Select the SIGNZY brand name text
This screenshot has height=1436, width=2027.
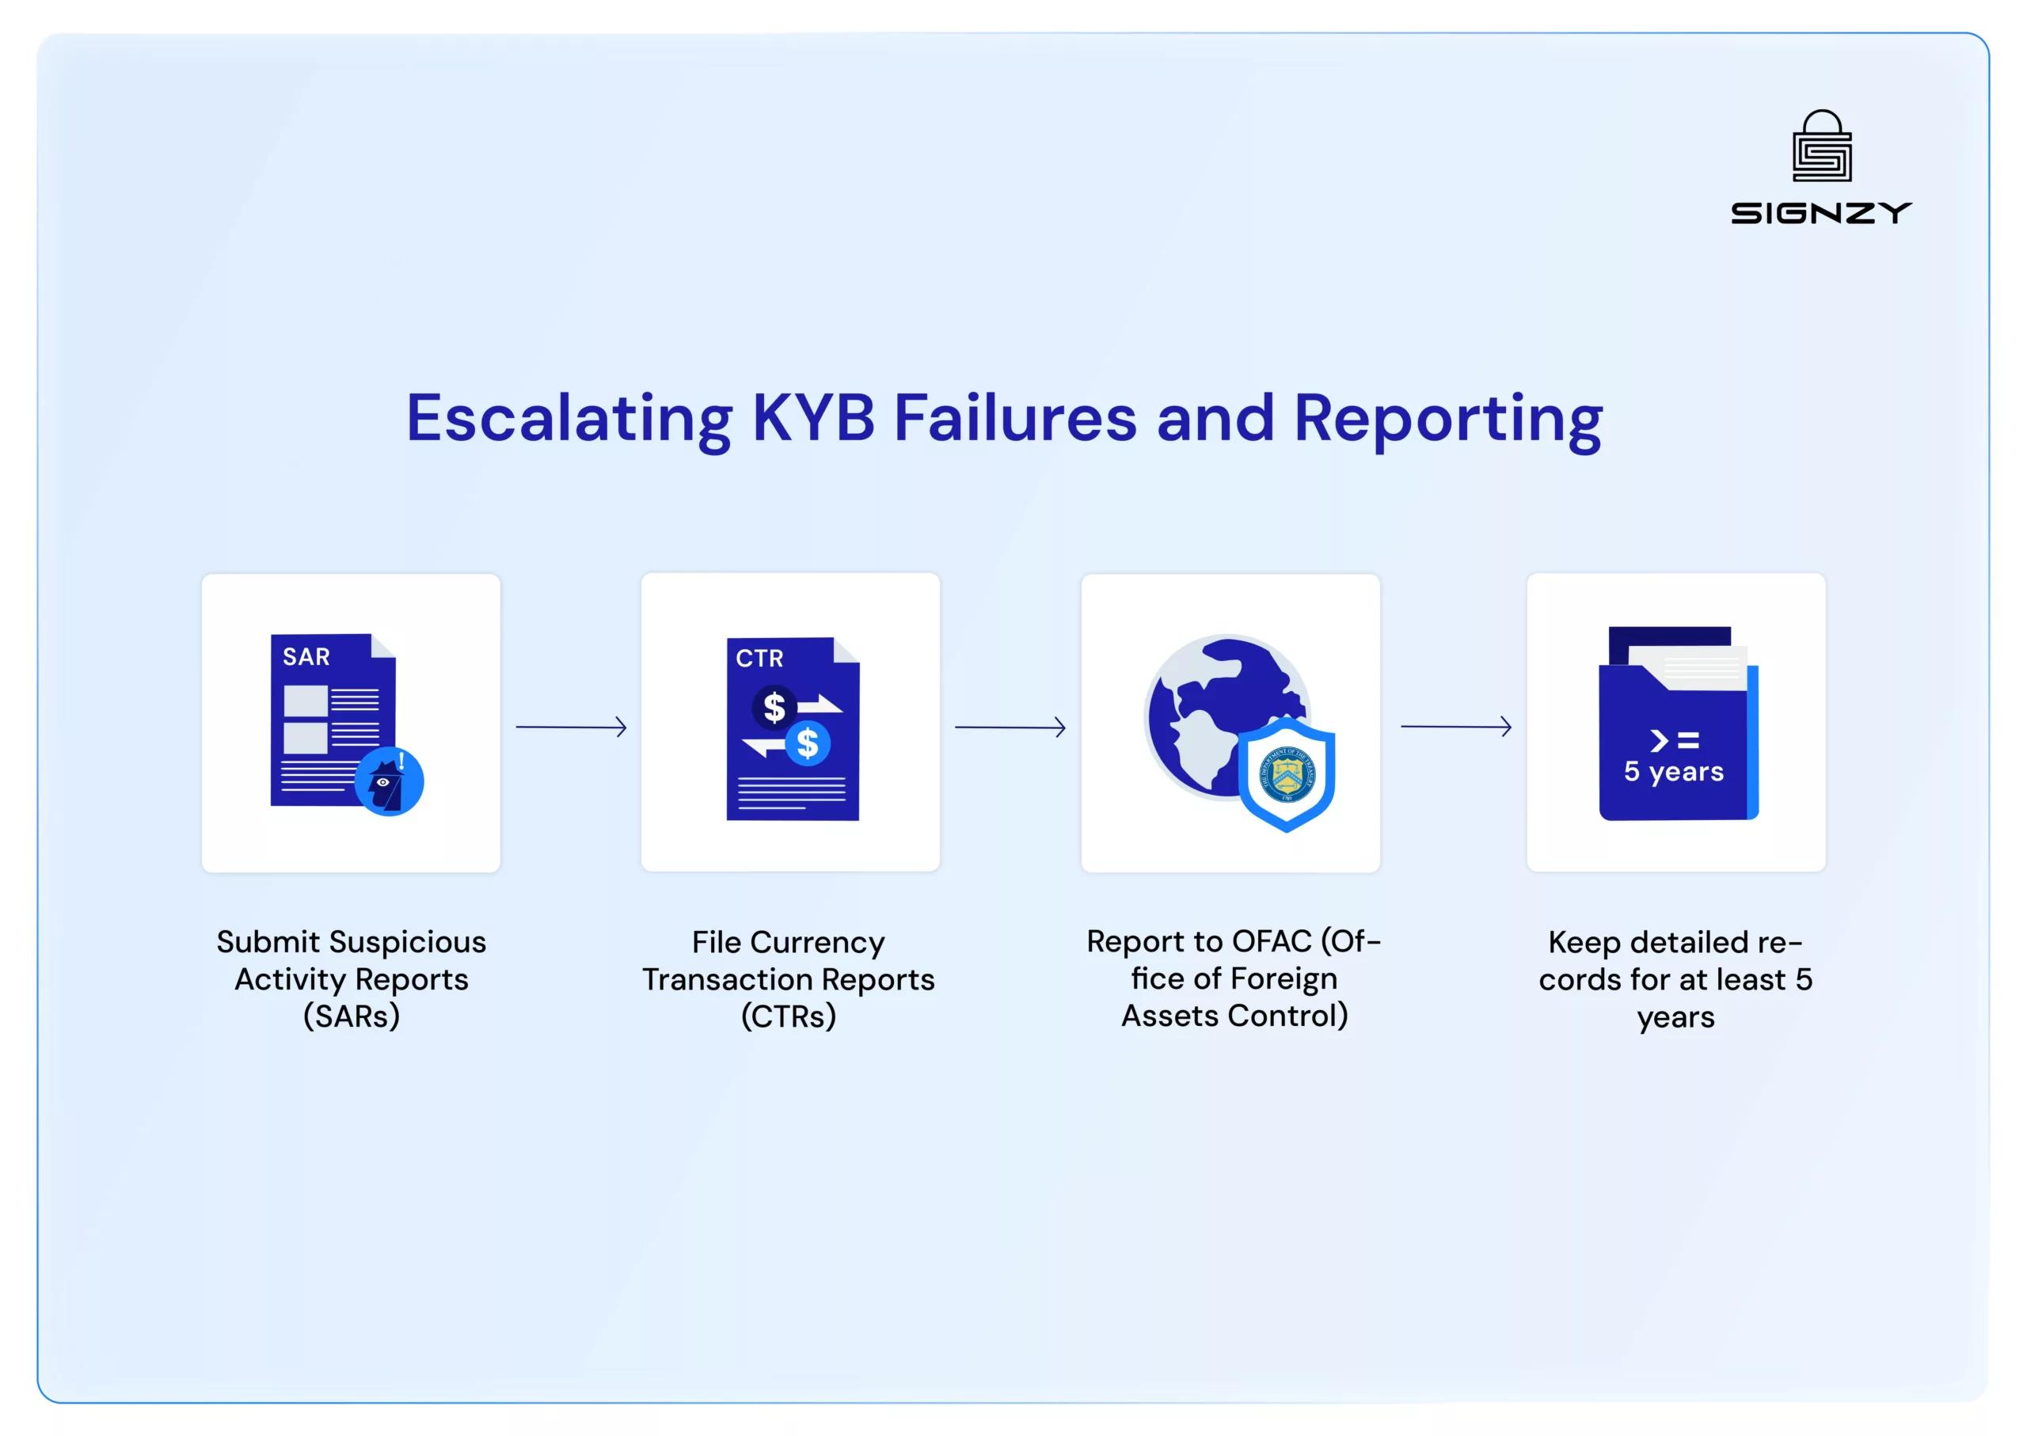pos(1821,213)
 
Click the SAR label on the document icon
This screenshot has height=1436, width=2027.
pos(306,657)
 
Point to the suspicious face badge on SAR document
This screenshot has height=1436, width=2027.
pos(389,781)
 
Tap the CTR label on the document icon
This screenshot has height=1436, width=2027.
pos(759,659)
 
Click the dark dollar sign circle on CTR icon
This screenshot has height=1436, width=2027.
pos(774,708)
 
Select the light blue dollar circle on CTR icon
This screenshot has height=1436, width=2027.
pos(808,743)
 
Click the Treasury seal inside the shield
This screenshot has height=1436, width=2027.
pos(1287,774)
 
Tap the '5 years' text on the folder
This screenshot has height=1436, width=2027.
pos(1673,772)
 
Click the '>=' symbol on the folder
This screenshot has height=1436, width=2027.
pos(1673,740)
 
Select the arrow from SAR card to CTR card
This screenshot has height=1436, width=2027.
pos(572,727)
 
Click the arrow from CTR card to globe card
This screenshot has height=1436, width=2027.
pos(1010,727)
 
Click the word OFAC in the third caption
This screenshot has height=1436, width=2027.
pos(1272,942)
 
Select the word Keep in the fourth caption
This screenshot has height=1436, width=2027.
pos(1584,943)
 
